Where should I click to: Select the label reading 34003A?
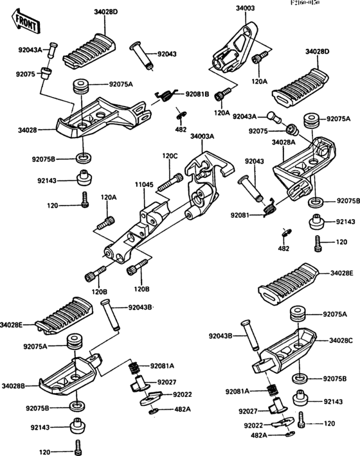click(x=203, y=136)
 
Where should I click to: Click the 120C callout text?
click(x=170, y=155)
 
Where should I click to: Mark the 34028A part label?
click(x=283, y=141)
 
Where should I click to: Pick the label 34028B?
click(x=13, y=386)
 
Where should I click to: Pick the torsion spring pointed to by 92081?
click(x=271, y=206)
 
